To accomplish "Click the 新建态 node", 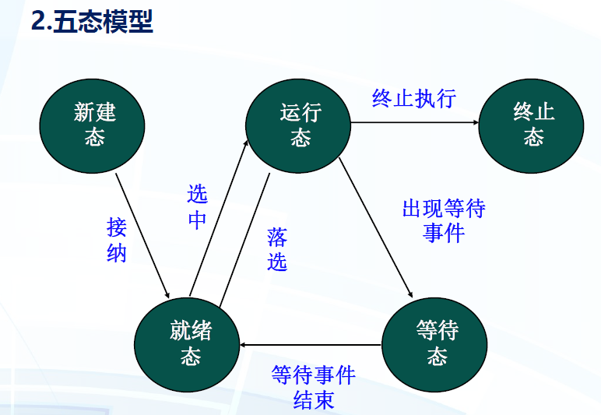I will [95, 125].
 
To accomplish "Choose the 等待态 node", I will [436, 344].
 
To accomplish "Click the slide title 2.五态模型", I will [92, 21].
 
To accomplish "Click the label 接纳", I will [117, 241].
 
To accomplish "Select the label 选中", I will [198, 207].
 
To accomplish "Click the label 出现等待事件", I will [444, 220].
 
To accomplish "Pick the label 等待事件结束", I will [314, 388].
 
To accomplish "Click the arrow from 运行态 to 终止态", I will [413, 122].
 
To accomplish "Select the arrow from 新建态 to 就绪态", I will [142, 234].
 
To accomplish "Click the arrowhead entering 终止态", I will [473, 122].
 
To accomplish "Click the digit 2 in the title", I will [37, 22].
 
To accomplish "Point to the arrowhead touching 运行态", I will [248, 143].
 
